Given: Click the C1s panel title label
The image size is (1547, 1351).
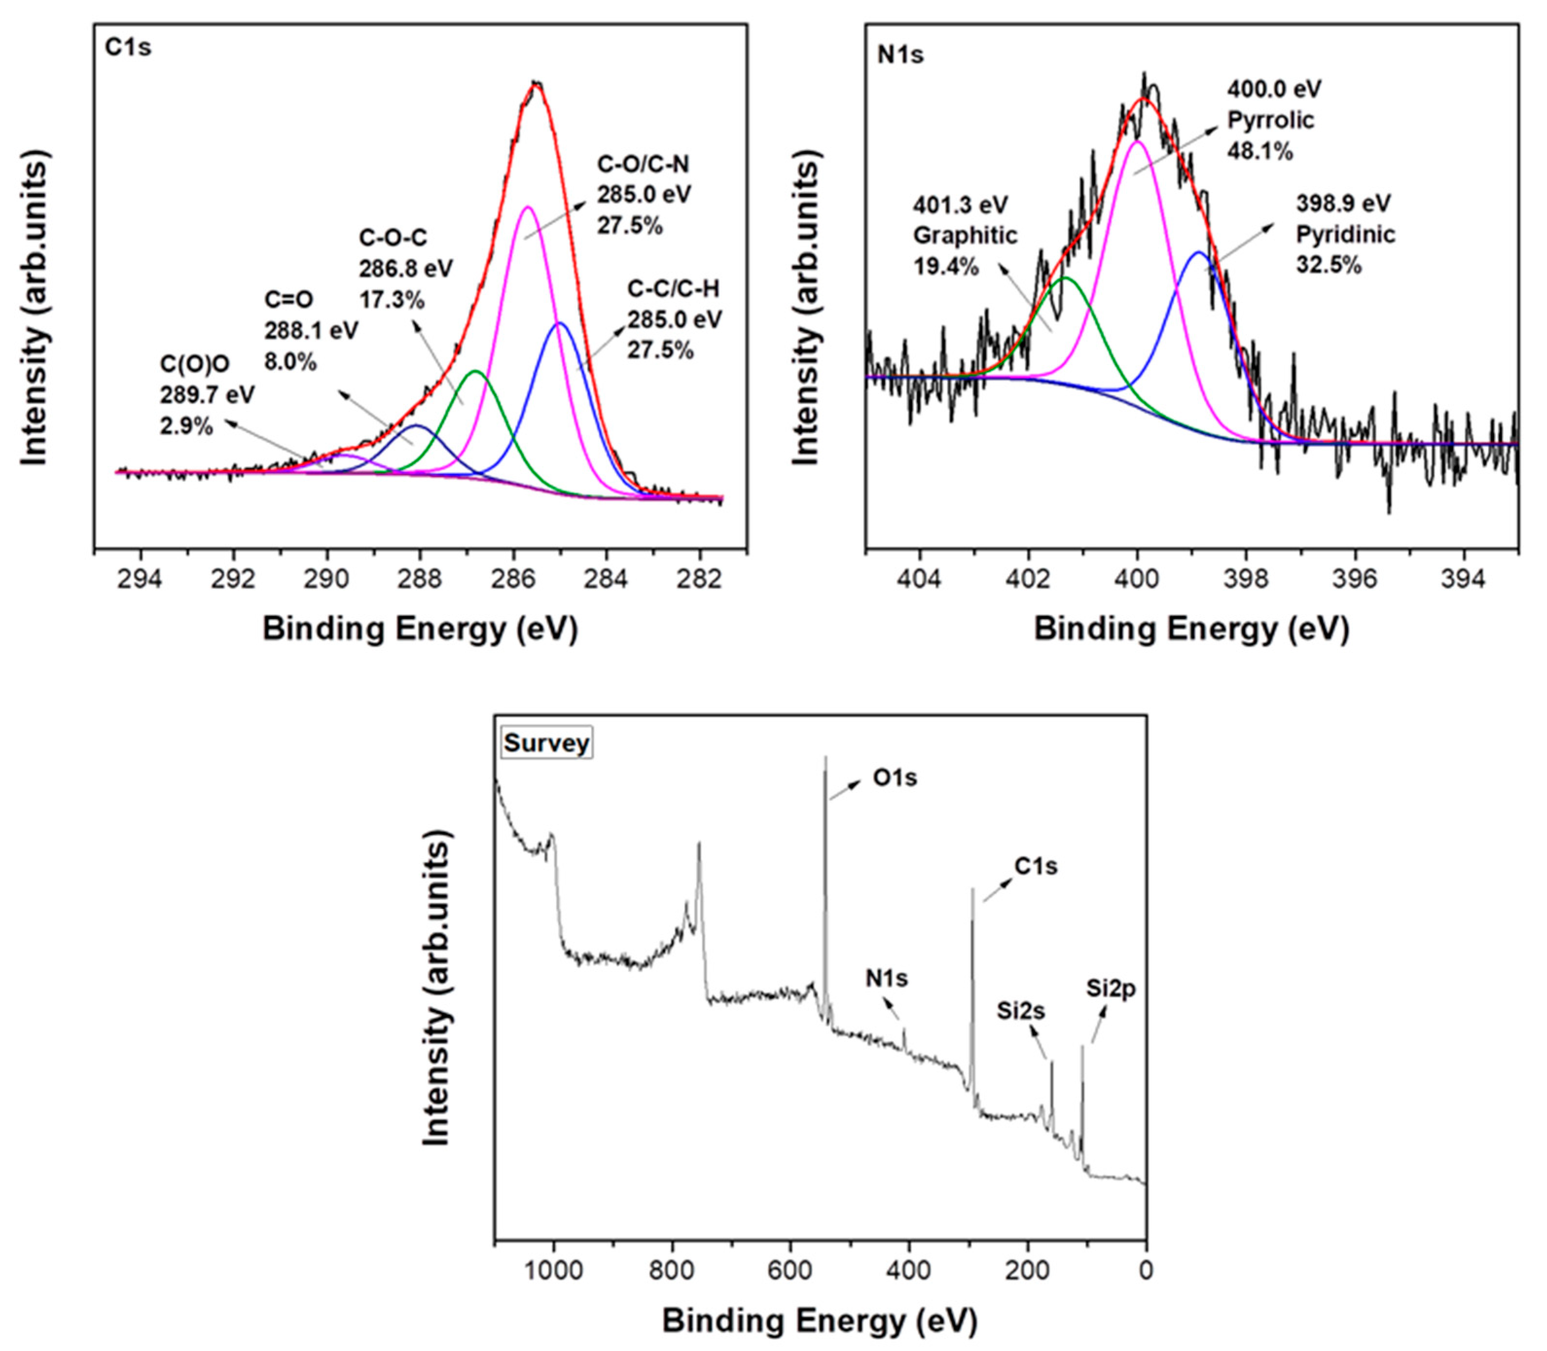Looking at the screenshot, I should point(127,48).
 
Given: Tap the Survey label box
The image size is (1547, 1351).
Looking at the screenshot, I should point(546,742).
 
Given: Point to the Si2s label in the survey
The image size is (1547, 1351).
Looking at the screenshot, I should point(1020,1010).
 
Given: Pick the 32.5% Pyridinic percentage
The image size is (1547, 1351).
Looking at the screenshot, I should point(1329,265).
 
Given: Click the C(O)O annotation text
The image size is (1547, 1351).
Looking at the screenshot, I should point(195,364).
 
